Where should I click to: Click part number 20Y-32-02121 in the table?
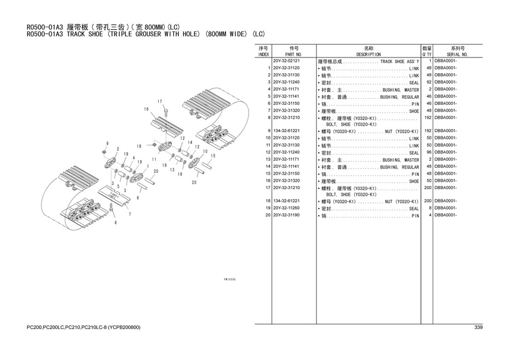286,61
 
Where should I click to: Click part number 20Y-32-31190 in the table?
286,215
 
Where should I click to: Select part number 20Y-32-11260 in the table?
286,208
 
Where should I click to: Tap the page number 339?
478,328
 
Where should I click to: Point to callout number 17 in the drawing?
159,101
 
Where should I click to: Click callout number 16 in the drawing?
146,109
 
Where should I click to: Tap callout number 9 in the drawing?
107,143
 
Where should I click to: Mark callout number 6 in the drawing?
138,198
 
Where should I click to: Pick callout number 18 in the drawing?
138,146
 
